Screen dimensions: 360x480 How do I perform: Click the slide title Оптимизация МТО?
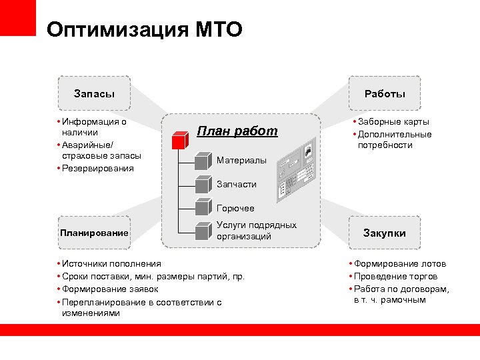[x=145, y=29]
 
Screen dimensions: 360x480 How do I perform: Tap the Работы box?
[x=385, y=94]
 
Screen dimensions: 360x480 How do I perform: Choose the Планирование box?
[x=94, y=233]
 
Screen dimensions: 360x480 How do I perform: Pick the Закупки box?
[x=384, y=233]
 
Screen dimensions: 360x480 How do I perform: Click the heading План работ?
[x=237, y=131]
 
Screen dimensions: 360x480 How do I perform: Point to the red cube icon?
[x=180, y=140]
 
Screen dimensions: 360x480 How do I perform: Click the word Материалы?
[x=241, y=161]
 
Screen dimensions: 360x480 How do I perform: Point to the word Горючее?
[x=236, y=209]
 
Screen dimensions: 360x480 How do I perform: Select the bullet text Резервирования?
[x=97, y=168]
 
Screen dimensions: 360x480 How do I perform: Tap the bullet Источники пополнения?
[x=111, y=264]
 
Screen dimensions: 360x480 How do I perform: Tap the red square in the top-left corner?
[x=18, y=18]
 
